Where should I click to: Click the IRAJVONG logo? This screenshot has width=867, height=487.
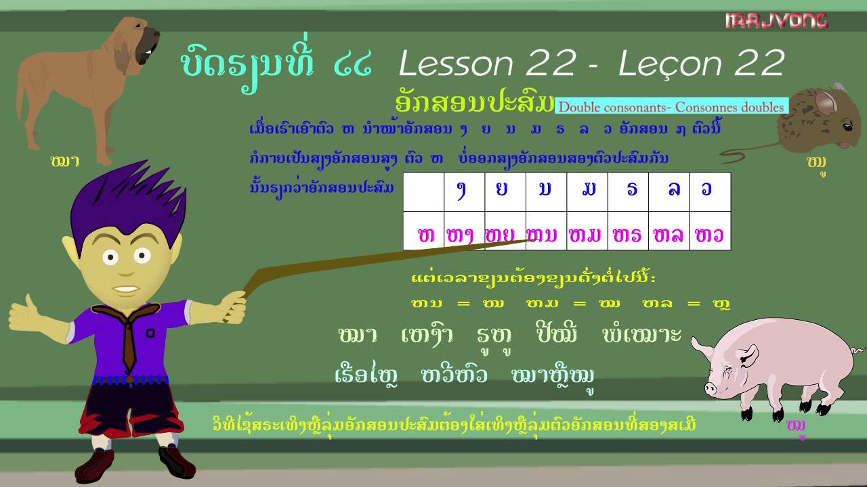click(x=776, y=21)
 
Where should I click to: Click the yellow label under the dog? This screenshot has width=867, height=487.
click(x=65, y=161)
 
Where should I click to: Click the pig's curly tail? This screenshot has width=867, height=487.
click(x=858, y=350)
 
